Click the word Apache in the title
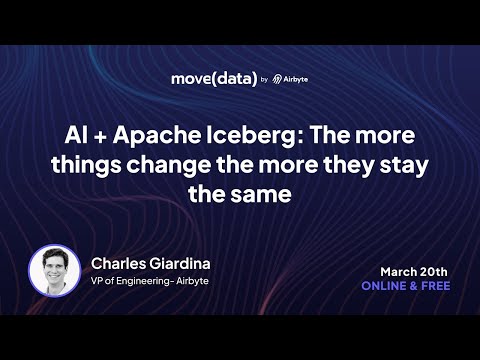(x=157, y=136)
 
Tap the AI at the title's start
(x=77, y=135)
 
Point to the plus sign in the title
(x=100, y=137)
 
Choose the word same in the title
(x=261, y=195)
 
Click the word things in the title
(x=86, y=165)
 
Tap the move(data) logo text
(x=214, y=79)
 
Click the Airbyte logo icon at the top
(x=277, y=79)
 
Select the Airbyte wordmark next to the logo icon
(x=296, y=79)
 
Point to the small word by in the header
(x=264, y=80)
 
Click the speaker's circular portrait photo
(x=54, y=271)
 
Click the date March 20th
(x=414, y=272)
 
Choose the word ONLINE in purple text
(x=384, y=286)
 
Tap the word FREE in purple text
(x=436, y=286)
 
